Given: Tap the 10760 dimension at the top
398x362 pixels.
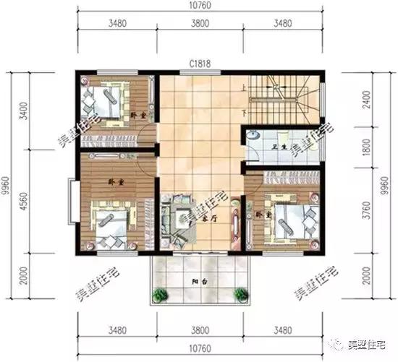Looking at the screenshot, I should click(200, 8).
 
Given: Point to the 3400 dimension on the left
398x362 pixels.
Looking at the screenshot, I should click(26, 111).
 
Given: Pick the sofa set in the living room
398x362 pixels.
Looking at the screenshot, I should click(177, 216).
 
